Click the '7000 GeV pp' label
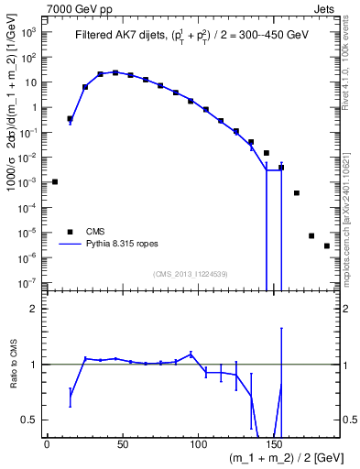(x=77, y=7)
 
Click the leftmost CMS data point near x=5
(x=55, y=181)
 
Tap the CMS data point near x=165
(x=297, y=193)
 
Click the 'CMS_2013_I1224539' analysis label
(x=190, y=274)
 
